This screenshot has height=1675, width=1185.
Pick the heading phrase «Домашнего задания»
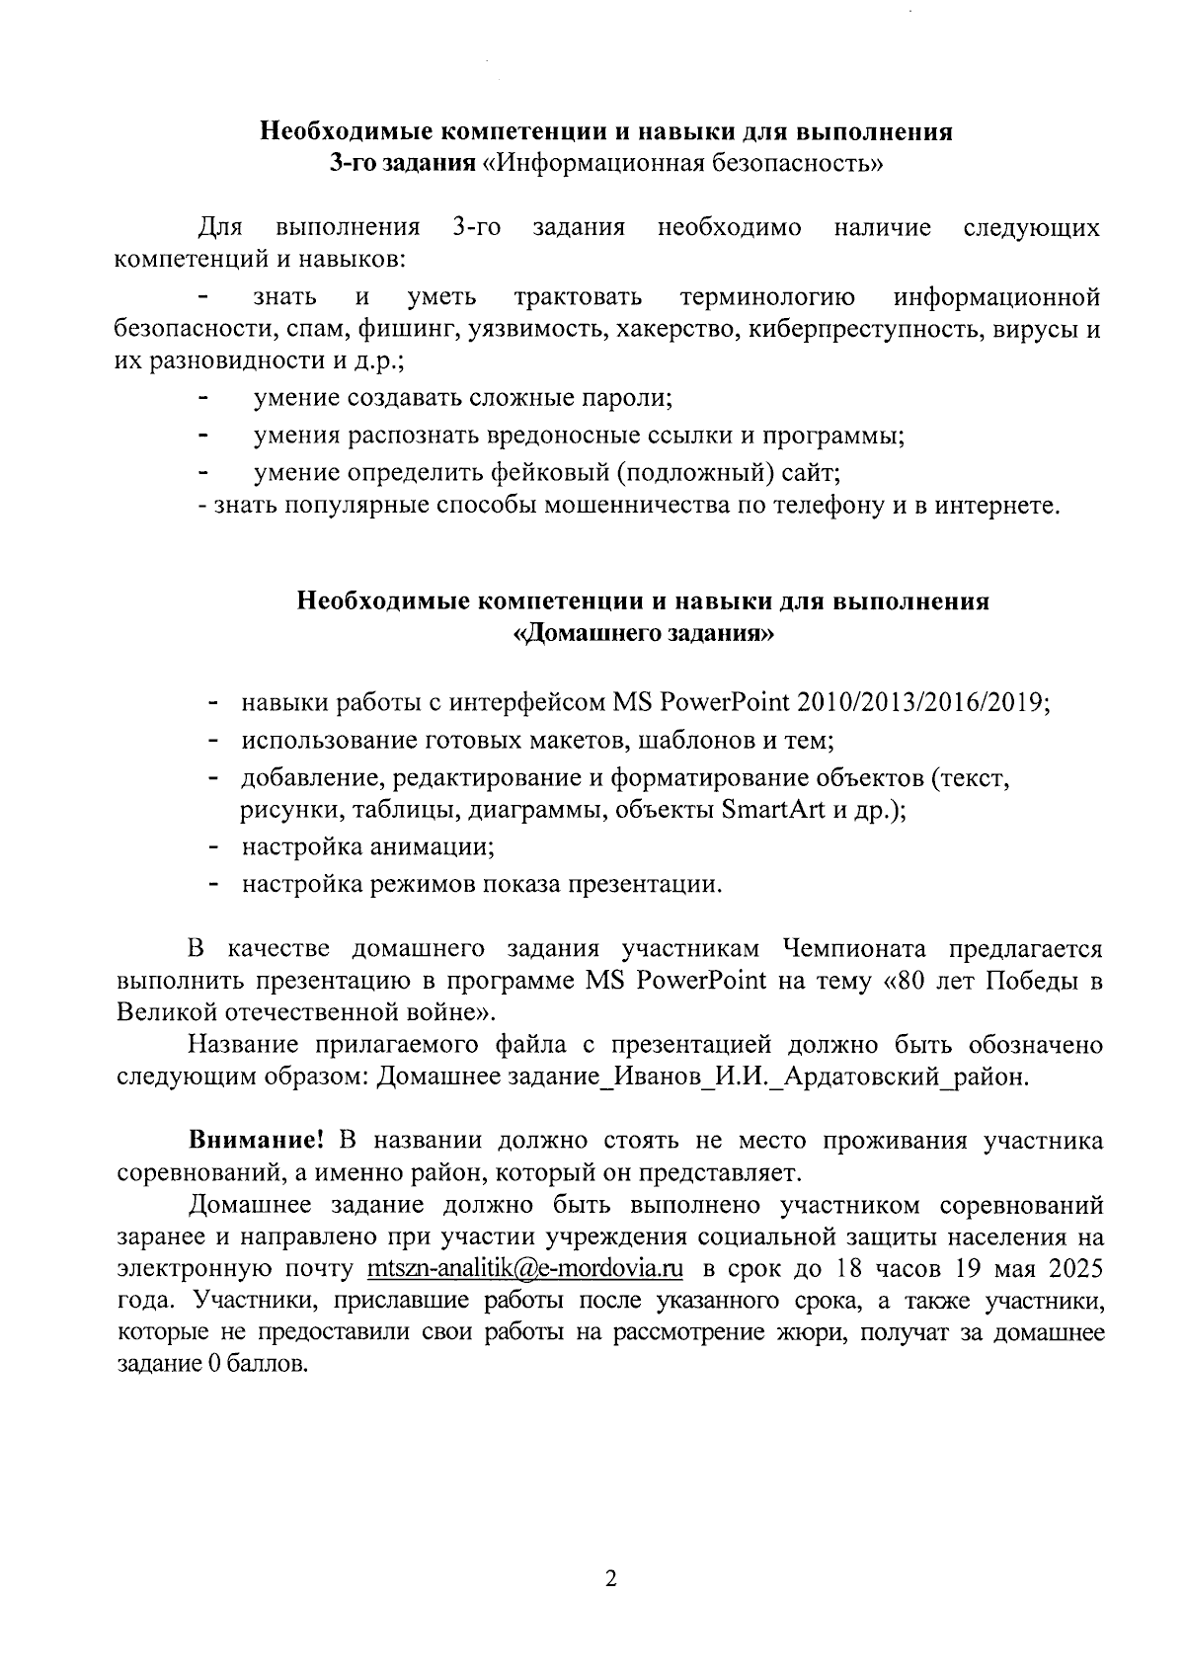pyautogui.click(x=644, y=634)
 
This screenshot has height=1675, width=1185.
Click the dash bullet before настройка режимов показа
pyautogui.click(x=212, y=885)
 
